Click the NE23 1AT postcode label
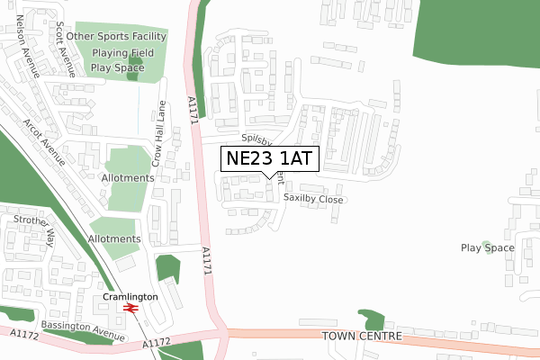(268, 159)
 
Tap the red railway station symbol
(130, 308)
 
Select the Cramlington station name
(130, 296)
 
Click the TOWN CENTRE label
(358, 335)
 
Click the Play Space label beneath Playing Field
(117, 67)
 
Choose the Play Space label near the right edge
(487, 247)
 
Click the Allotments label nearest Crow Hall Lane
(128, 178)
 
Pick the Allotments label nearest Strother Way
(114, 238)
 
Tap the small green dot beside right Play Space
(489, 246)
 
